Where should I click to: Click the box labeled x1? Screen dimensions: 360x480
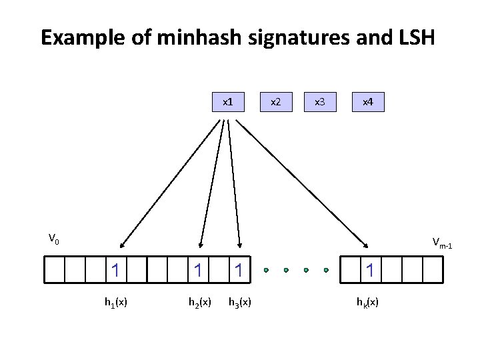coord(227,103)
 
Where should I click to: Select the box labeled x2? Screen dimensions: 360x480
coord(274,103)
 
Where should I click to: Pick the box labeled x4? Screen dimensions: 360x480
coord(367,103)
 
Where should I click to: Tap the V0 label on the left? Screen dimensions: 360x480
coord(54,237)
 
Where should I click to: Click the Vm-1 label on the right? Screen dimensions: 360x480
coord(441,243)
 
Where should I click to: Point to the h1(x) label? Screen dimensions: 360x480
coord(116,303)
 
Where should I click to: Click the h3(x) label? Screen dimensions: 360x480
coord(239,303)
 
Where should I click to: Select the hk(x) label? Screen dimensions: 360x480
coord(367,303)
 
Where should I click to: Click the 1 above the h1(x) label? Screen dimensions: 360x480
coord(116,270)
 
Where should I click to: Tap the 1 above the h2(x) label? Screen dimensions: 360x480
coord(198,270)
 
